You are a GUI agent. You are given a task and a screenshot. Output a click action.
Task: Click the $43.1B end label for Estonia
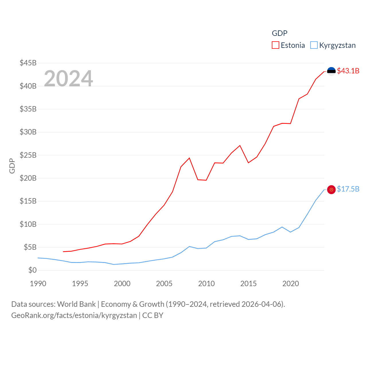click(x=348, y=71)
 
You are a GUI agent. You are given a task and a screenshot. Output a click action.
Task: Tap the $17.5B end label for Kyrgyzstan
click(x=348, y=189)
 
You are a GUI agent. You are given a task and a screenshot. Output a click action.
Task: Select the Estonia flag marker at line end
click(x=331, y=71)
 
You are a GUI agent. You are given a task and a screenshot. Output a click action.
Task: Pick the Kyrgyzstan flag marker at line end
click(x=331, y=190)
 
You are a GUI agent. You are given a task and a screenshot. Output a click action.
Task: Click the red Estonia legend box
click(x=276, y=45)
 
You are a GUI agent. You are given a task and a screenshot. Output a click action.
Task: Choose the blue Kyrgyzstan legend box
click(x=314, y=45)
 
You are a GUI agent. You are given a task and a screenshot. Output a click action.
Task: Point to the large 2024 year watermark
click(x=69, y=79)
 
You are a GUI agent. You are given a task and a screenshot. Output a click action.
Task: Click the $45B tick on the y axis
click(x=28, y=63)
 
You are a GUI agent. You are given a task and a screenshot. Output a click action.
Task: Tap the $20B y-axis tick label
click(x=28, y=178)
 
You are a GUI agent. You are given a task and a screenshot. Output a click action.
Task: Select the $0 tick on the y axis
click(x=32, y=270)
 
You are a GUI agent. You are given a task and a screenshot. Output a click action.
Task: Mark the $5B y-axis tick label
click(x=30, y=247)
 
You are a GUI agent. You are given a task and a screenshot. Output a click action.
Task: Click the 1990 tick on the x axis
click(x=38, y=284)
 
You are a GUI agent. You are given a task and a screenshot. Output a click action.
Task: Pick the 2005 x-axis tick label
click(x=164, y=284)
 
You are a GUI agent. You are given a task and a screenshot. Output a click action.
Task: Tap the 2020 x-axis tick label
click(x=291, y=284)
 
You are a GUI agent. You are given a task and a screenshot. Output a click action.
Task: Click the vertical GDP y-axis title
click(x=12, y=166)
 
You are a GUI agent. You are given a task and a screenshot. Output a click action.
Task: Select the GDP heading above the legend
click(x=280, y=33)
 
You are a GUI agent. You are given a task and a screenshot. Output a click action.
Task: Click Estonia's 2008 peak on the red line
click(x=189, y=158)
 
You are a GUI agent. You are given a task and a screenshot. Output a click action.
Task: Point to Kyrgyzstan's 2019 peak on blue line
click(x=282, y=227)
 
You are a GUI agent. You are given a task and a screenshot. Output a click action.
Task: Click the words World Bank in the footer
click(x=76, y=304)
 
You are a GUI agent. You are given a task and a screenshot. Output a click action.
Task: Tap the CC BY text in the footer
click(x=153, y=315)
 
